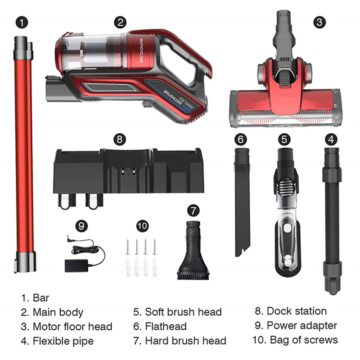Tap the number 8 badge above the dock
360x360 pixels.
(119, 139)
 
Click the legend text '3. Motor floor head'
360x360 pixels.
(66, 326)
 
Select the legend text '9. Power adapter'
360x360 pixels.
(296, 325)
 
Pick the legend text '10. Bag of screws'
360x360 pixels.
(297, 340)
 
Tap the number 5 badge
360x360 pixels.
(283, 139)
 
